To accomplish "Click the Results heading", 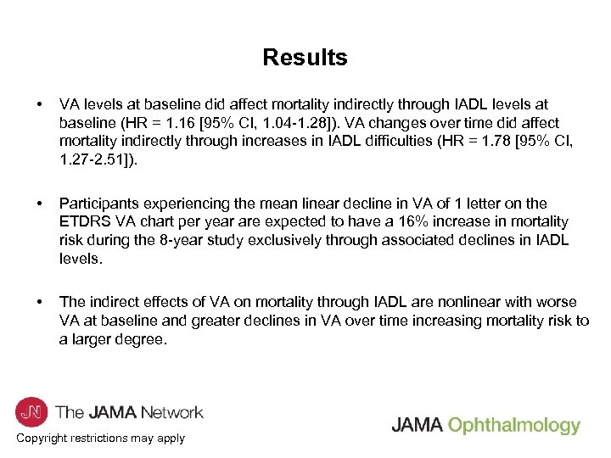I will point(305,58).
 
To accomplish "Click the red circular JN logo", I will point(31,412).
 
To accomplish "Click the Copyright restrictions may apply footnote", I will point(100,438).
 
